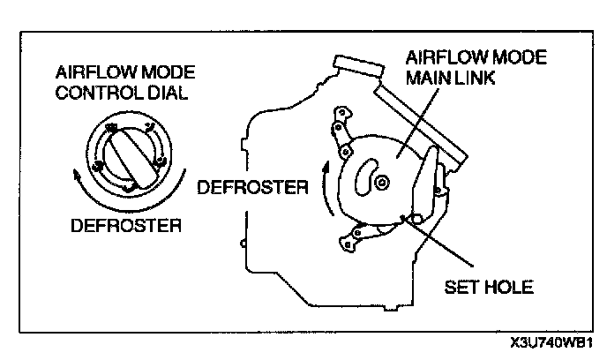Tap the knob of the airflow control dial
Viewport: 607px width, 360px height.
tap(131, 155)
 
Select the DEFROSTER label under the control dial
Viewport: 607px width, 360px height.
tap(125, 225)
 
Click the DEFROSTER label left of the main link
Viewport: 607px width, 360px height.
tap(252, 187)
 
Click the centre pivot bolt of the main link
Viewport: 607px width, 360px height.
tap(382, 181)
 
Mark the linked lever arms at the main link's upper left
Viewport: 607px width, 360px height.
tap(341, 132)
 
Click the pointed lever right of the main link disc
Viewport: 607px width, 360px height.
tap(429, 181)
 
